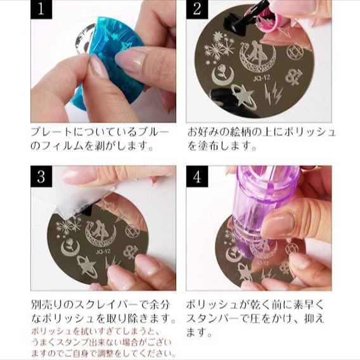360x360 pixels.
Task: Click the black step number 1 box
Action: [41, 11]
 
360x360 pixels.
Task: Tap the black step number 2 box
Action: [197, 11]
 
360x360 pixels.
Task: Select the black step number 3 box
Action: [41, 177]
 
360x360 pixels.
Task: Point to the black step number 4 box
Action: [197, 177]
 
